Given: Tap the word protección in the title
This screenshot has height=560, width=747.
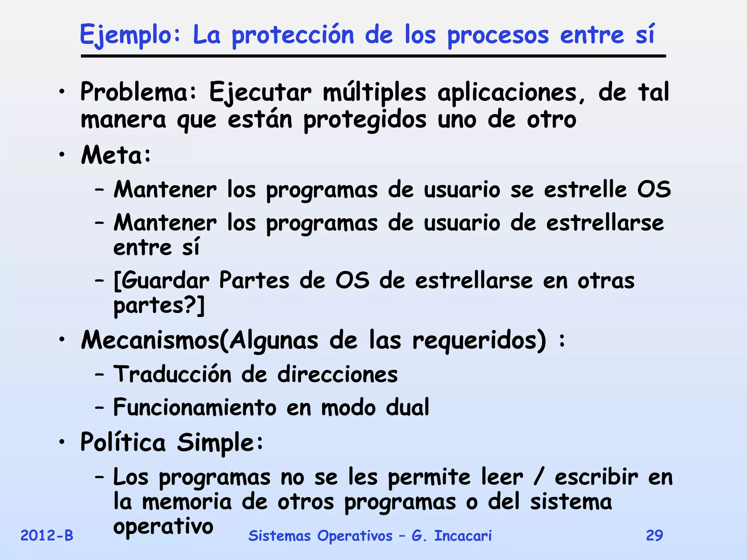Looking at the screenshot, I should tap(293, 36).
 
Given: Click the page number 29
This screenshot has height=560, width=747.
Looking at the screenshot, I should tap(654, 536).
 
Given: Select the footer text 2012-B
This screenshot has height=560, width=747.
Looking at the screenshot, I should tap(47, 536).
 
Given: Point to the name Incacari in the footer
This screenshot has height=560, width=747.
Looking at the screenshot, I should tap(463, 536).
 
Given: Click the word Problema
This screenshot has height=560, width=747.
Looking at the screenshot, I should tap(138, 92).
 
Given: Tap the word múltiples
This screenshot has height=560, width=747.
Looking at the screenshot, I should tap(374, 92).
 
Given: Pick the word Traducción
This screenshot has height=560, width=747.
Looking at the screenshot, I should tap(172, 374).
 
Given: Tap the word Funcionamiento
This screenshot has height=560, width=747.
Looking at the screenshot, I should tap(195, 407).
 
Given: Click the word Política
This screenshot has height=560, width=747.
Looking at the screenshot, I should tap(123, 442).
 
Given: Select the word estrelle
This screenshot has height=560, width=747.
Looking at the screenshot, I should tap(585, 190).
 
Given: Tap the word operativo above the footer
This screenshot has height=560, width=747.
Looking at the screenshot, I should tap(163, 526).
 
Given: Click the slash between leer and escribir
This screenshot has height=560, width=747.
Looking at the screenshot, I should tap(538, 477).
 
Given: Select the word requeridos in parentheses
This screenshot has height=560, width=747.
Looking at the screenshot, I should tap(479, 340).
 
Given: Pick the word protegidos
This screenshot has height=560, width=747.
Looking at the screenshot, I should tap(364, 120).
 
